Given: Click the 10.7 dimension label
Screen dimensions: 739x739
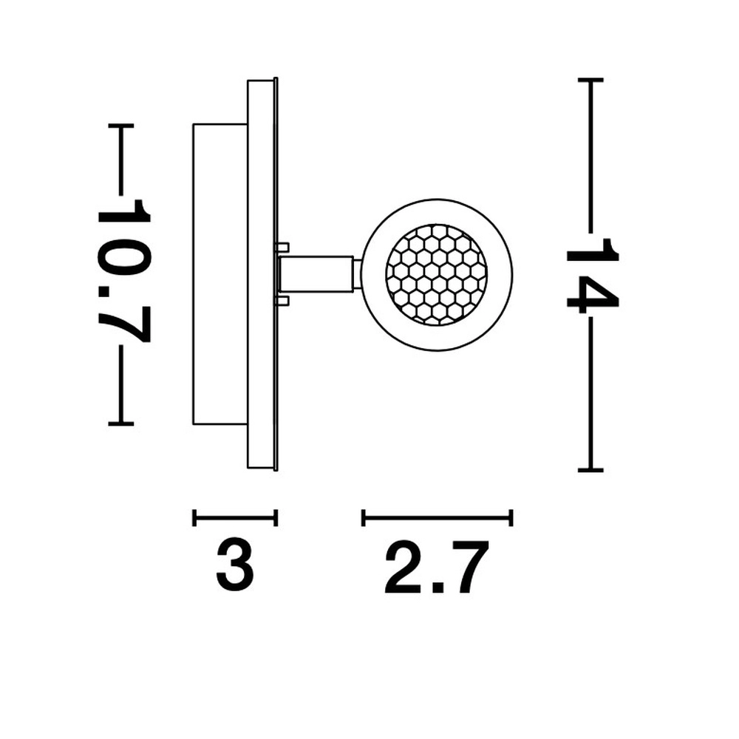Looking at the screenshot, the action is [x=123, y=271].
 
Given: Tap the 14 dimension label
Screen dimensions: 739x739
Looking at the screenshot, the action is [x=592, y=276].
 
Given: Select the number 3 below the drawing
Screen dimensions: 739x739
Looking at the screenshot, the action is [x=235, y=566].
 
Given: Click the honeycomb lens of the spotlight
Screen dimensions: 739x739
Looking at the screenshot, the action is [x=437, y=275].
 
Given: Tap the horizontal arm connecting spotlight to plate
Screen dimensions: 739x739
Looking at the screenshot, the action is [x=316, y=274].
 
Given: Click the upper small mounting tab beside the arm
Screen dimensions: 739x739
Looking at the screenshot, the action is [x=282, y=247].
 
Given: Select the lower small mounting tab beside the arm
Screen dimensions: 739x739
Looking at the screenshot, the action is [x=282, y=302].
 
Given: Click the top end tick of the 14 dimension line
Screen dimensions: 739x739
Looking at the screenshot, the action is [x=590, y=81].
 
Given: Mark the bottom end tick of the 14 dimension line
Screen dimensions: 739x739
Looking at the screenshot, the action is [x=590, y=470].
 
